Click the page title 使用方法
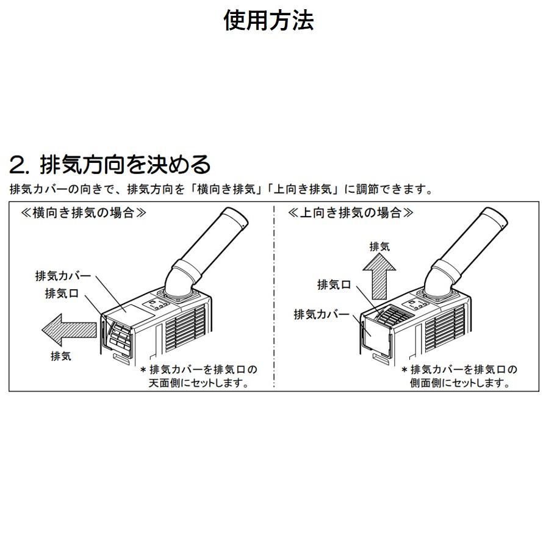point(268,21)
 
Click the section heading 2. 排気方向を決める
point(110,164)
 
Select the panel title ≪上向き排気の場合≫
point(350,214)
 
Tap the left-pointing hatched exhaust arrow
point(70,329)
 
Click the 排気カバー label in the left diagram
point(63,276)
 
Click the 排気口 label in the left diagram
point(62,293)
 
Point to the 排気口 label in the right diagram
point(334,285)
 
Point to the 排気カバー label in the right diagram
point(322,314)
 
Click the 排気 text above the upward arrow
point(379,246)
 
